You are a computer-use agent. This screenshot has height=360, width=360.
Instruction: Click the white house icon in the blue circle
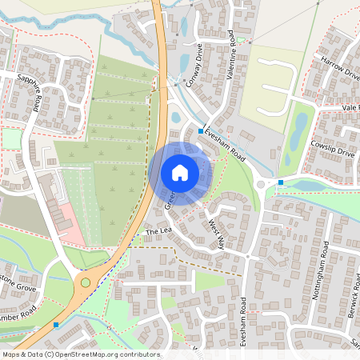[x=180, y=172]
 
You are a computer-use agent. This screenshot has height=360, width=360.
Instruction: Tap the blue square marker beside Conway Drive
[x=200, y=129]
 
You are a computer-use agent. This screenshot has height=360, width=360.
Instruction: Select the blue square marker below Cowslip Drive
[x=280, y=182]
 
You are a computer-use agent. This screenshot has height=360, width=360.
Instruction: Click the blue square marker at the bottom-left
[x=56, y=325]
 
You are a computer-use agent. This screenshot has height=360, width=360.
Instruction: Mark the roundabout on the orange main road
[x=86, y=282]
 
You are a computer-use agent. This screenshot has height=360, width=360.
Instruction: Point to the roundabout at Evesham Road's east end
[x=263, y=186]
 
